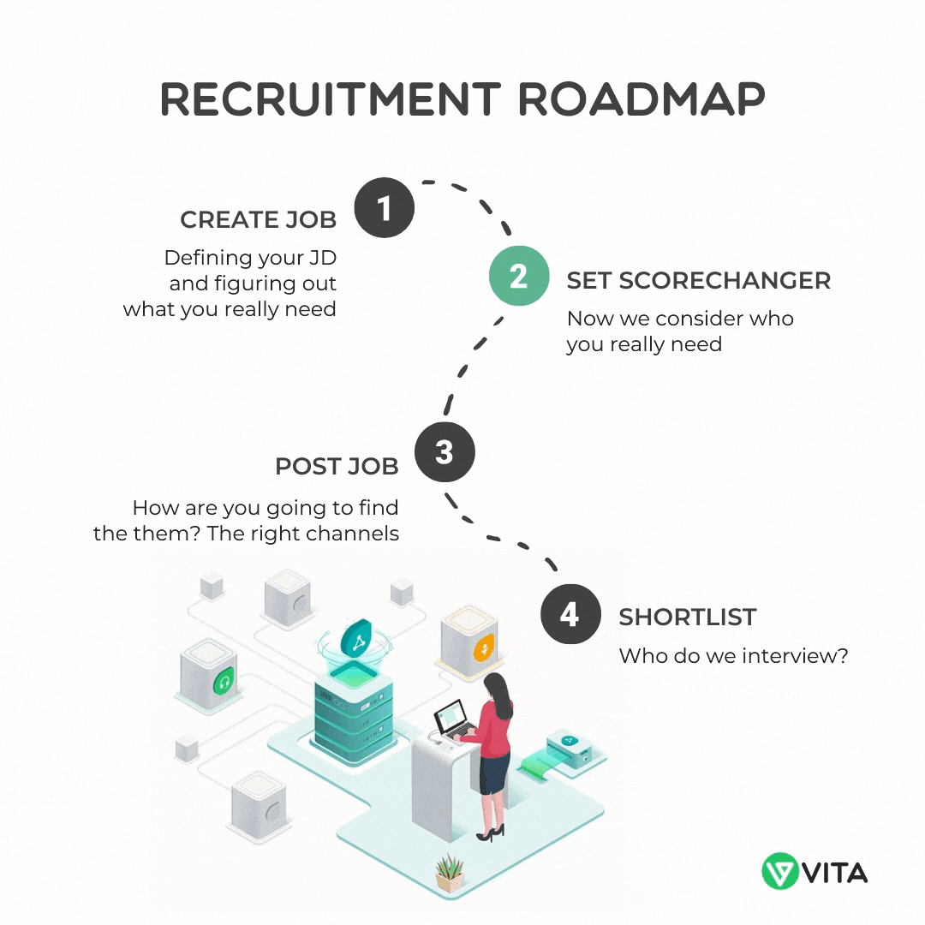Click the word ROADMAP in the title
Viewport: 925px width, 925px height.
tap(642, 98)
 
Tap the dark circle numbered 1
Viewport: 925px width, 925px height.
tap(384, 207)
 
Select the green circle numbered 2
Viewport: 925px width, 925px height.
tap(518, 276)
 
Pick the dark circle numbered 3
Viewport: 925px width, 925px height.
tap(445, 452)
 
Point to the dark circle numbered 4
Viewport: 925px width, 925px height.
tap(570, 613)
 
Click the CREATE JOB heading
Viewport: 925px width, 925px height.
tap(259, 219)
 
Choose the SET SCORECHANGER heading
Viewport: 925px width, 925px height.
tap(699, 281)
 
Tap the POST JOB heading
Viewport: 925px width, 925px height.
tap(337, 466)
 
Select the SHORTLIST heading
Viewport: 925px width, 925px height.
tap(687, 617)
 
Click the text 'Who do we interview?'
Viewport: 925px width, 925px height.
tap(733, 655)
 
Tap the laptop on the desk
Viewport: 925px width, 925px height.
tap(455, 720)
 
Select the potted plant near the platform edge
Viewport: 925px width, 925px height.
tap(450, 873)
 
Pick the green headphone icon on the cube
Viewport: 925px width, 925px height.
tap(224, 683)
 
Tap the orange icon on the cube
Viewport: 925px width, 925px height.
tap(484, 647)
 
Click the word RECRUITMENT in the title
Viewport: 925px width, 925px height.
tap(331, 98)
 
